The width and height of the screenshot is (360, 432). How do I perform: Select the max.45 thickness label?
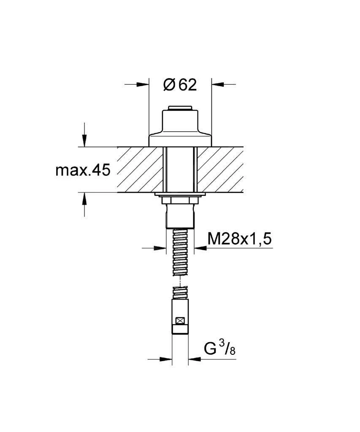pos(83,170)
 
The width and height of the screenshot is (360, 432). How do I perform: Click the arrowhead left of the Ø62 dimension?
pos(143,84)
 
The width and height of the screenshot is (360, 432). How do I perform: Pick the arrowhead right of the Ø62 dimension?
pos(218,84)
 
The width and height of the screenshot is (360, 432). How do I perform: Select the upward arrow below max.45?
pos(84,199)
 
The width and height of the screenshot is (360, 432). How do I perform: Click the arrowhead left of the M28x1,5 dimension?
pos(160,248)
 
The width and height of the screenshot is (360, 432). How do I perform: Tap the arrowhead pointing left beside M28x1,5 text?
pos(200,248)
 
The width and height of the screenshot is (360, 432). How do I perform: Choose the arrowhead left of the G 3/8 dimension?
pos(166,359)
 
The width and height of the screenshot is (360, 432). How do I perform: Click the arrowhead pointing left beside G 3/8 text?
pos(195,359)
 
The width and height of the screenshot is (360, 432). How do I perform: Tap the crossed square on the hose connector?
pos(180,321)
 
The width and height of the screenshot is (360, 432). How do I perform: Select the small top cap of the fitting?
pos(180,108)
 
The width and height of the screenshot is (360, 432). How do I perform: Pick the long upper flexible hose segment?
pos(180,252)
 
